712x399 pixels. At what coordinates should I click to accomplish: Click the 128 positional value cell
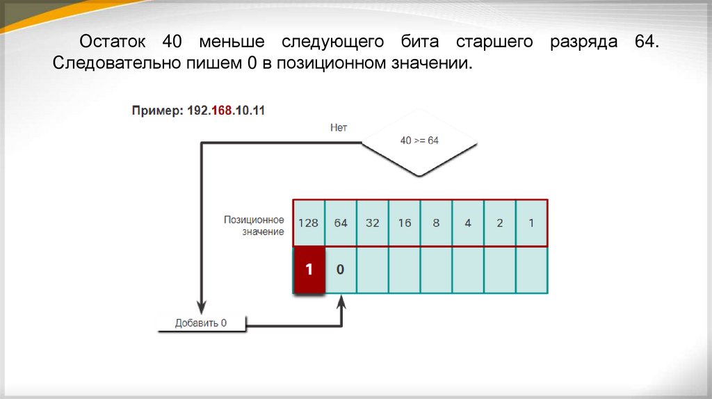tap(308, 223)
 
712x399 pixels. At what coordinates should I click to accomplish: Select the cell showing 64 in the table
tap(340, 223)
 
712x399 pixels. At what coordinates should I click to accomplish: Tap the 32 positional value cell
tap(372, 223)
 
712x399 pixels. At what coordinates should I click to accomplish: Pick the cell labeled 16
tap(404, 223)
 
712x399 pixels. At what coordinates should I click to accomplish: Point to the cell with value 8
tap(436, 223)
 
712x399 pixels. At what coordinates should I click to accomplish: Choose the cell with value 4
tap(468, 223)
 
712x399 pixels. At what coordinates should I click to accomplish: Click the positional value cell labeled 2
tap(500, 223)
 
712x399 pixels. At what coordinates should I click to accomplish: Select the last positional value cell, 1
tap(532, 223)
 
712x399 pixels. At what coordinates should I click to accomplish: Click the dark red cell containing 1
tap(309, 270)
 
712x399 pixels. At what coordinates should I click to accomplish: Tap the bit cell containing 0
tap(340, 270)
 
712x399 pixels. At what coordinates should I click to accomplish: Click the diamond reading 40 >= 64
tap(419, 141)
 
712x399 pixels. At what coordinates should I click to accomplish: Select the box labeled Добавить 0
tap(201, 323)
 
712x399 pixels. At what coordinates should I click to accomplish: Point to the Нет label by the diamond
tap(338, 128)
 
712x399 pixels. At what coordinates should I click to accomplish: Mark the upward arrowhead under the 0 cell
tap(341, 302)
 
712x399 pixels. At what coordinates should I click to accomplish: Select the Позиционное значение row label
tap(253, 225)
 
